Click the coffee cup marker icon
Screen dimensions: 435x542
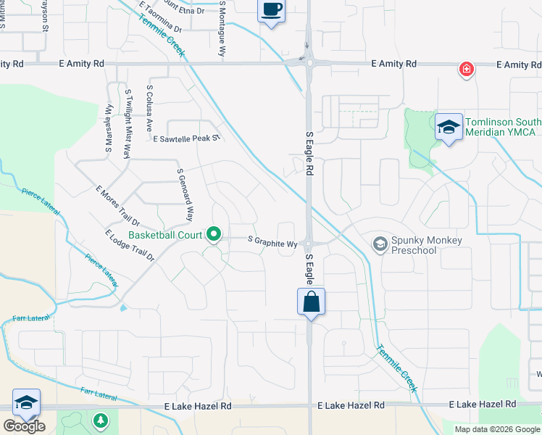pos(271,11)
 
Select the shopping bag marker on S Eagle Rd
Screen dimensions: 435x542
pos(311,301)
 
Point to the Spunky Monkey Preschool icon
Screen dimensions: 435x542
pos(380,244)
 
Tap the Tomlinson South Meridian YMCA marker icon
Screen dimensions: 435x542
pos(449,128)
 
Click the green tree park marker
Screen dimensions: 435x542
pos(100,420)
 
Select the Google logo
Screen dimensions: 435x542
pos(24,426)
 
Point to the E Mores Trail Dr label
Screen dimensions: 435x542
pos(117,205)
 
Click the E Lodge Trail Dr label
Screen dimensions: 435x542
pos(130,245)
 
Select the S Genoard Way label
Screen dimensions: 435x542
pos(186,195)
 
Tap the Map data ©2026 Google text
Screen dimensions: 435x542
pos(497,429)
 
